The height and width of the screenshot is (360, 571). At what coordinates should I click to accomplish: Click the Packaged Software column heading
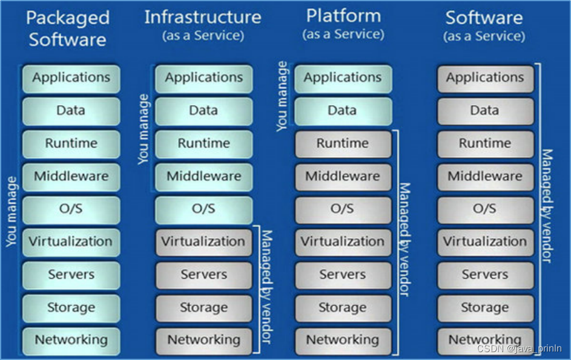click(68, 28)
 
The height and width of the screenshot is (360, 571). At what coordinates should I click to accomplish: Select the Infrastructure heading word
click(203, 17)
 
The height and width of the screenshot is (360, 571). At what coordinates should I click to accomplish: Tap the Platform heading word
click(343, 16)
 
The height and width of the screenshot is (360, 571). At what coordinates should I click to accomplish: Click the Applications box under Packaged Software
click(71, 78)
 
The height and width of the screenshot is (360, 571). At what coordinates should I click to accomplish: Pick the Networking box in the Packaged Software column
click(71, 340)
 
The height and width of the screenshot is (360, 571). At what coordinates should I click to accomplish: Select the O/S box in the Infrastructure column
click(203, 209)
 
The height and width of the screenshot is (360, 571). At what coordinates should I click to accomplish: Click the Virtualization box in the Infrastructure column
click(203, 242)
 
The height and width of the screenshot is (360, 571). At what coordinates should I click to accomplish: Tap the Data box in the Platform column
click(343, 111)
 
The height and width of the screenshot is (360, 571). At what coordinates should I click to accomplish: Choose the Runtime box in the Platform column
click(343, 144)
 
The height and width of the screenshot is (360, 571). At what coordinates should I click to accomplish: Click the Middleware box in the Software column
click(485, 177)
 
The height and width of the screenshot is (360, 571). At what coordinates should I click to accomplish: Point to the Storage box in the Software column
click(485, 308)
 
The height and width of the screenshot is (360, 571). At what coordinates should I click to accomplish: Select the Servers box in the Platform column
click(343, 275)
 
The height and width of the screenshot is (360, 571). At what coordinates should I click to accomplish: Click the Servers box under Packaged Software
click(71, 275)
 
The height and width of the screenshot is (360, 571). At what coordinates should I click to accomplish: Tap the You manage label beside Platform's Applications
click(282, 96)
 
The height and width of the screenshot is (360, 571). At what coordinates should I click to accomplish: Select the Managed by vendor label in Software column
click(546, 206)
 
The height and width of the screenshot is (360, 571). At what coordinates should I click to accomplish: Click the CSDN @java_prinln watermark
click(519, 349)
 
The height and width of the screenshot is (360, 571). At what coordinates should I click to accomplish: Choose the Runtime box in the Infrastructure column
click(203, 144)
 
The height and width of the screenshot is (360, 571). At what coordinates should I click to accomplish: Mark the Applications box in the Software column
click(485, 78)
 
